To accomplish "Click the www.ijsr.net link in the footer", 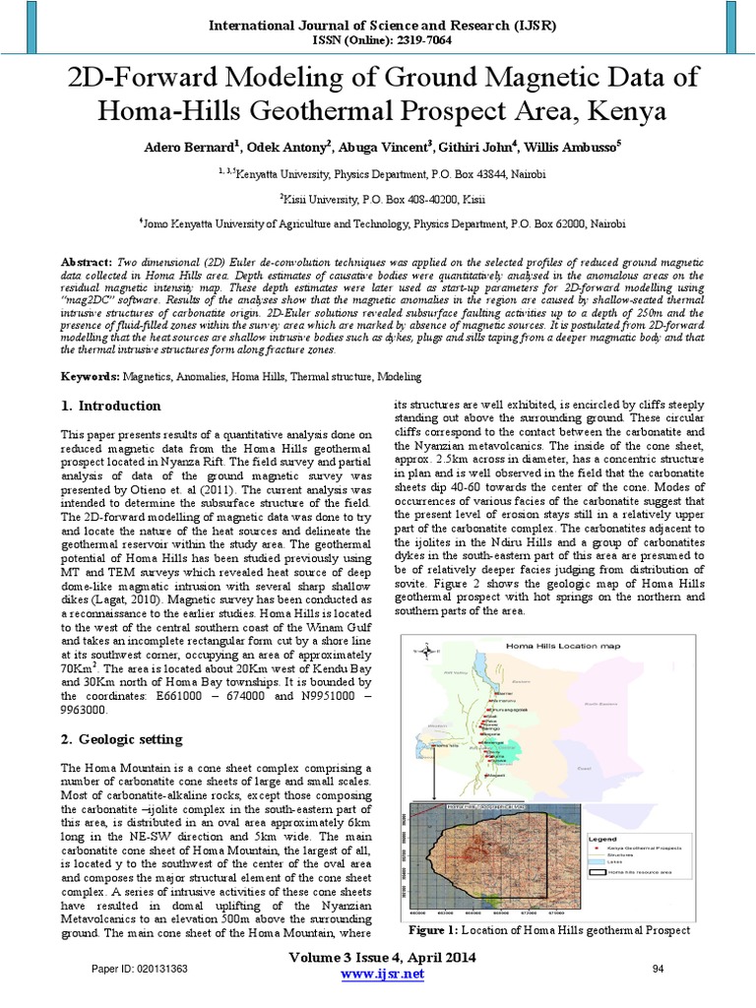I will point(381,974).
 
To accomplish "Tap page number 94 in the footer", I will point(660,970).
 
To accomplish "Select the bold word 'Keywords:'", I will point(91,377).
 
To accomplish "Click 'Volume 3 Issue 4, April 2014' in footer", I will point(381,958).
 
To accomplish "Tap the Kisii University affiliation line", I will point(378,197).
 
